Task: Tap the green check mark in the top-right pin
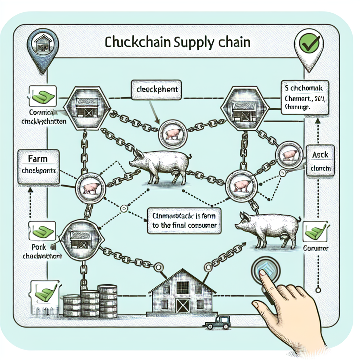point(311,44)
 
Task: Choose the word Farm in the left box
point(37,159)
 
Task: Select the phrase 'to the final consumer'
point(185,225)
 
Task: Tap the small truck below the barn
point(217,323)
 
